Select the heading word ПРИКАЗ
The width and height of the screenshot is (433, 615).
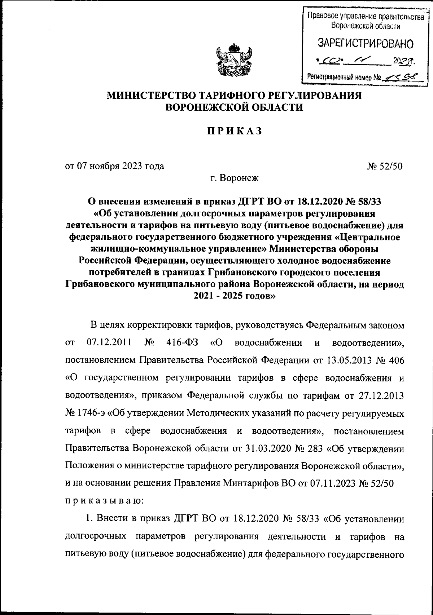(233, 131)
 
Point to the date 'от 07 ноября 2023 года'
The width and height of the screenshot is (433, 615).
(114, 166)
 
